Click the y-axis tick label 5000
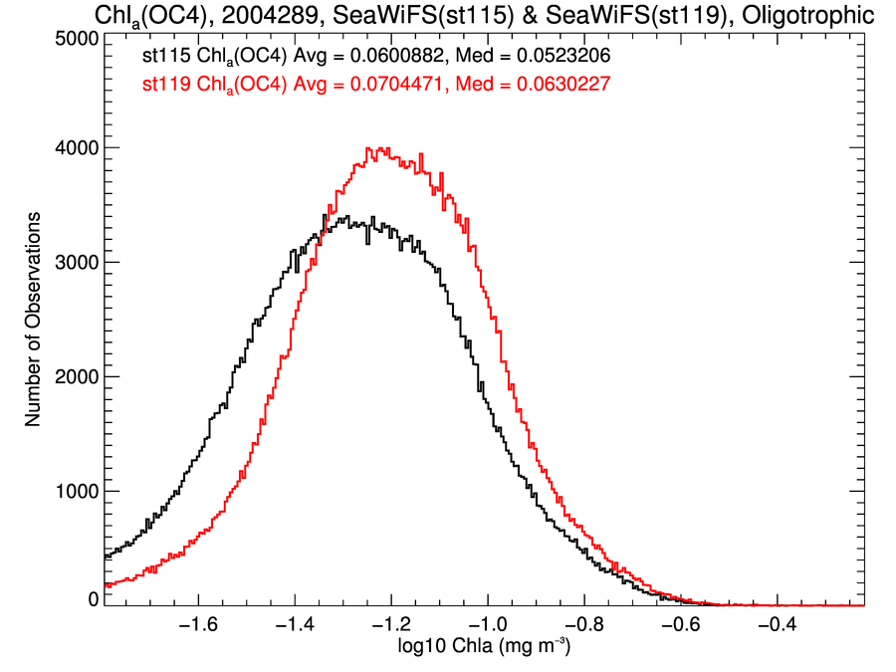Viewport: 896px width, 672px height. (x=73, y=38)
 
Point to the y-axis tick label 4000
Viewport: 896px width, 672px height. (x=73, y=148)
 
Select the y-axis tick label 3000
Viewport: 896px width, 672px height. (x=73, y=263)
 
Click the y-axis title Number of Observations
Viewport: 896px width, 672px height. (x=33, y=320)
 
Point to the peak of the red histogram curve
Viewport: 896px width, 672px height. (x=370, y=148)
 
